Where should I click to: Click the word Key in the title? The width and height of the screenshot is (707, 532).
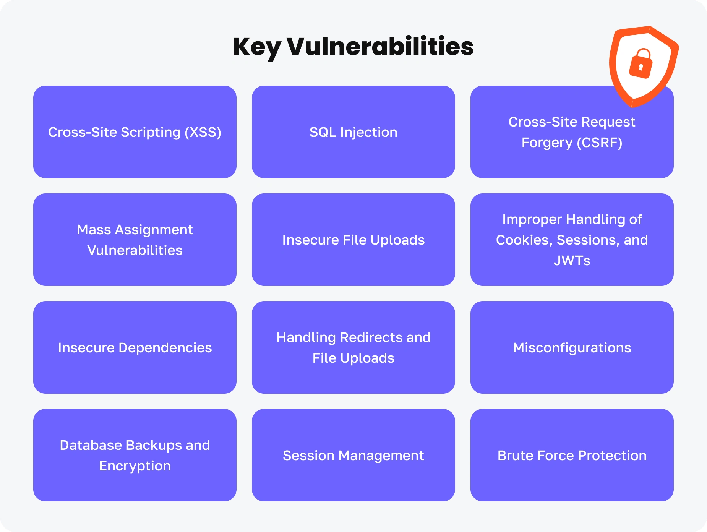click(x=257, y=47)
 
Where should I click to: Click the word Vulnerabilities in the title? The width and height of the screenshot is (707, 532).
click(x=380, y=46)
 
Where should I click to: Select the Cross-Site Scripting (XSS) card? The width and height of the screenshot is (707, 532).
click(x=135, y=132)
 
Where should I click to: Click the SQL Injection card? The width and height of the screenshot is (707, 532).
click(x=353, y=132)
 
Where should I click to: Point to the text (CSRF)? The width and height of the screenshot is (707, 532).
click(x=600, y=143)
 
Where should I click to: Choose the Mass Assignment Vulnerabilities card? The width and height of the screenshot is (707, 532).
click(x=135, y=240)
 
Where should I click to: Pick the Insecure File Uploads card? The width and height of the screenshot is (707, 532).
click(x=353, y=240)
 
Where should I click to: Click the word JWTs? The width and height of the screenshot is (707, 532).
click(x=572, y=261)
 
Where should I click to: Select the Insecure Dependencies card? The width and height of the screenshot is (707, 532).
click(x=135, y=347)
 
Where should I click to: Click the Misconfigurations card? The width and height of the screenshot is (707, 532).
click(x=572, y=347)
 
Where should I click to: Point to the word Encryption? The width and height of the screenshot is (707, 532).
click(x=135, y=466)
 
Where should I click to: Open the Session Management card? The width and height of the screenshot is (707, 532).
click(x=353, y=455)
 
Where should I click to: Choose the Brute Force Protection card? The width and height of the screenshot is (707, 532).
click(x=572, y=455)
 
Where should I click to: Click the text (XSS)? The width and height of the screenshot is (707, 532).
click(x=203, y=132)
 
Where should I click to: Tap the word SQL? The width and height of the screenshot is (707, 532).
click(x=323, y=132)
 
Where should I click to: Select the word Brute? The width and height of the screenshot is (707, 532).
click(x=514, y=456)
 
